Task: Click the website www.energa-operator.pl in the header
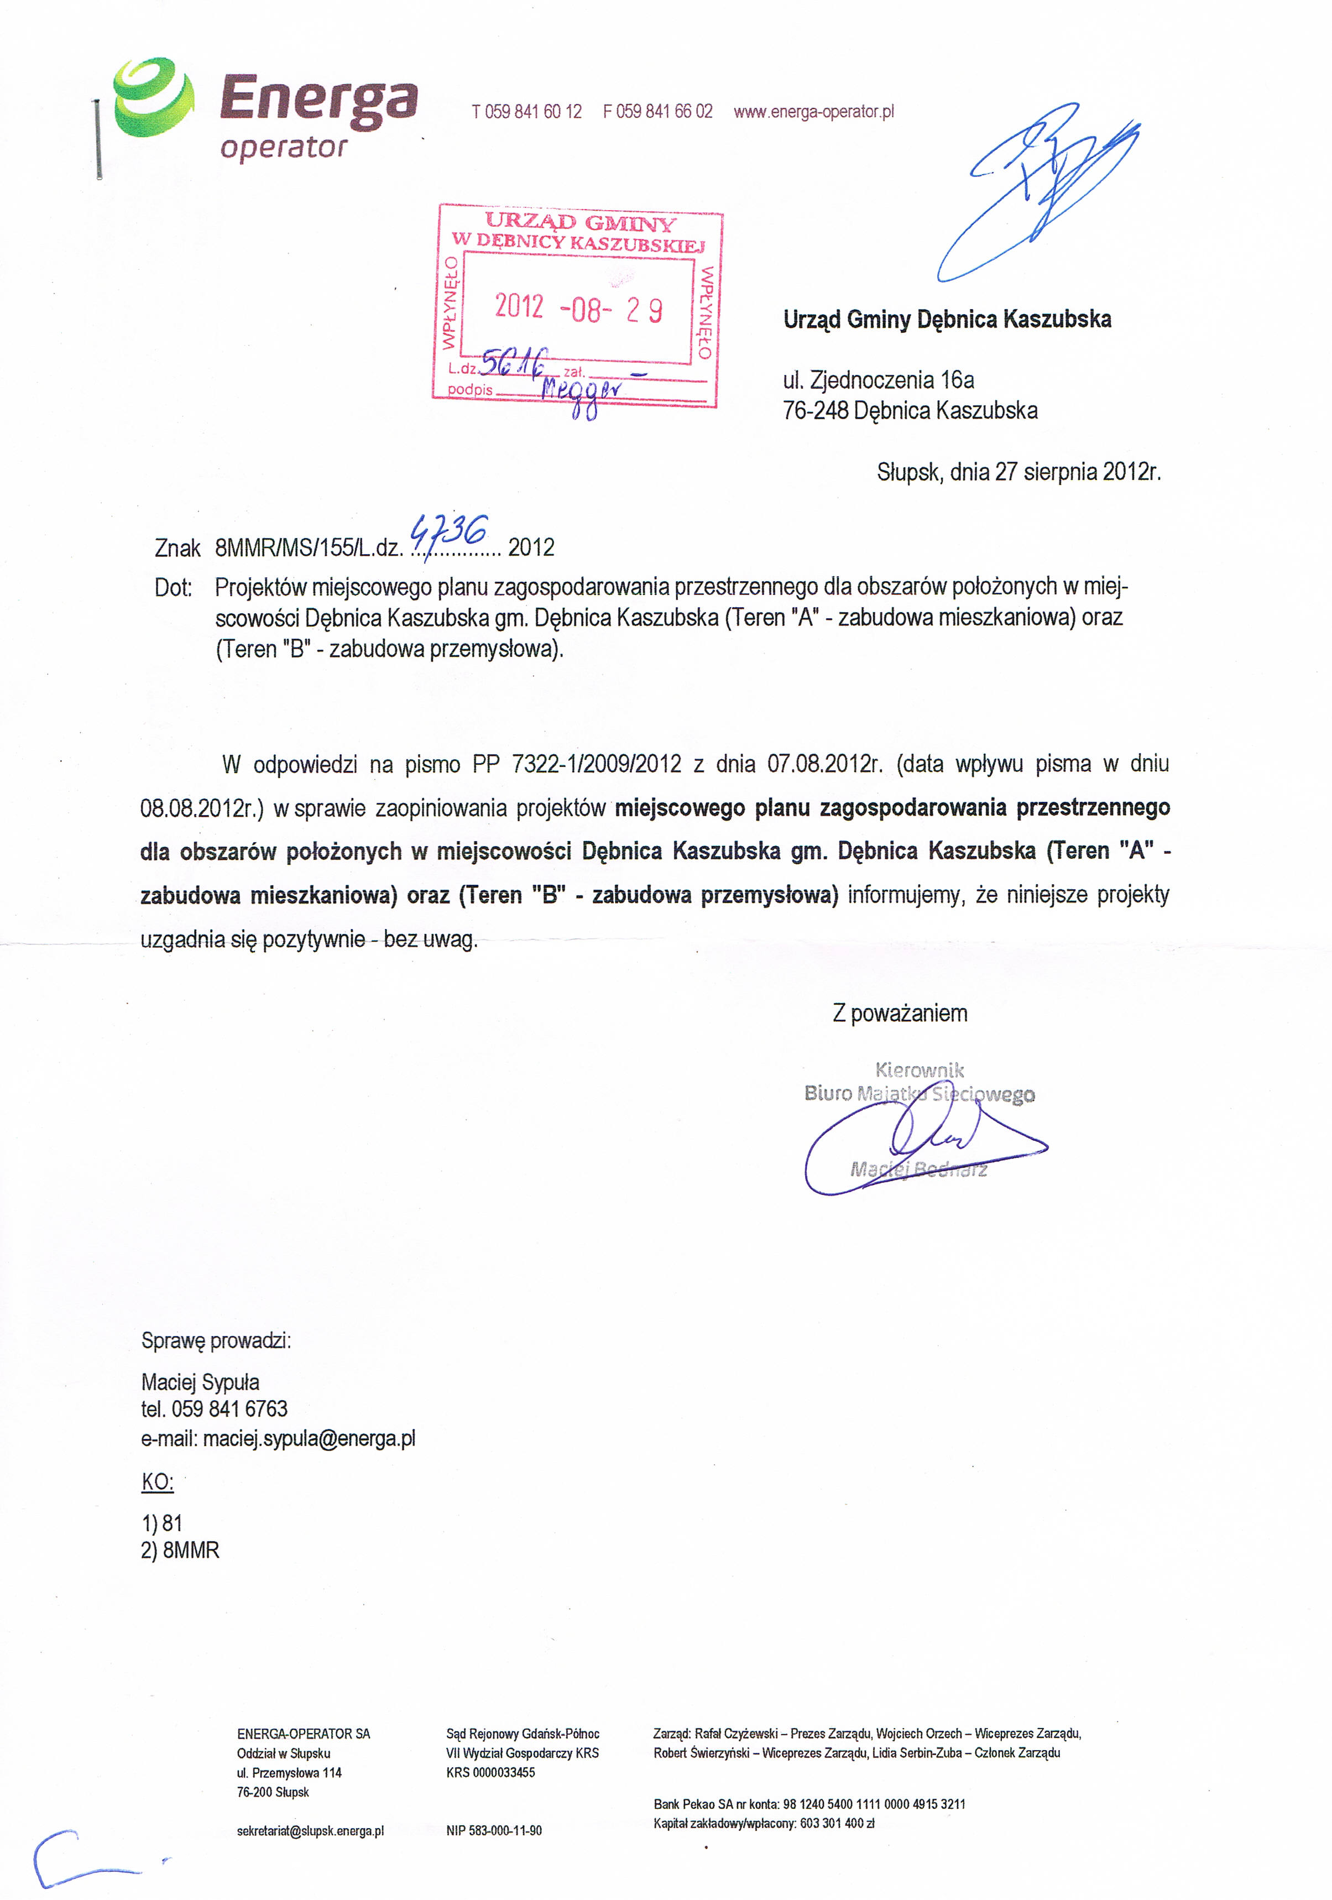coord(813,112)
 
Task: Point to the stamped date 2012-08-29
coord(578,309)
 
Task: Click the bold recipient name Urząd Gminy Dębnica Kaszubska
coord(947,320)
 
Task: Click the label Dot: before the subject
coord(173,588)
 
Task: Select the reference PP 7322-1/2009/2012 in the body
coord(577,764)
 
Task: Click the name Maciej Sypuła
coord(200,1382)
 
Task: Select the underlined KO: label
coord(157,1481)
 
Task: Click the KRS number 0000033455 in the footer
coord(503,1772)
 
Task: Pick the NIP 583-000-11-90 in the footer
coord(494,1830)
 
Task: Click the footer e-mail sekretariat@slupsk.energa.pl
coord(310,1830)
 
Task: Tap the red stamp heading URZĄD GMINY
coord(580,222)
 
